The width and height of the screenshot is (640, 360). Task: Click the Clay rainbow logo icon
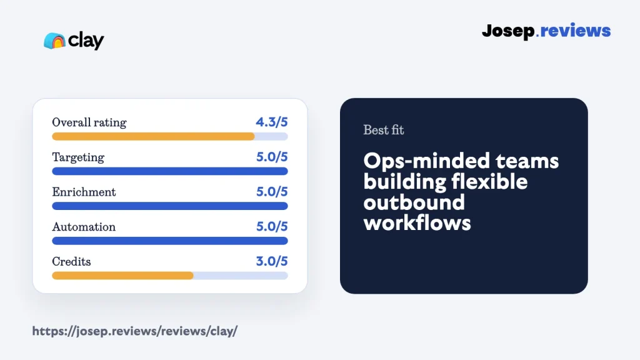click(x=55, y=41)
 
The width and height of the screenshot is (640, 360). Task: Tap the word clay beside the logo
click(x=86, y=41)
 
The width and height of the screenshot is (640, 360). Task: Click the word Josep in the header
click(x=508, y=31)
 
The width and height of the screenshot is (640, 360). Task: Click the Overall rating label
click(x=89, y=122)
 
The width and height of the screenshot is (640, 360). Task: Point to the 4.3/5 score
click(x=272, y=122)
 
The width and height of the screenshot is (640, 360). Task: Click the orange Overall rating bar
click(x=154, y=136)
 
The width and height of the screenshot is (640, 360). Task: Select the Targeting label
click(x=78, y=157)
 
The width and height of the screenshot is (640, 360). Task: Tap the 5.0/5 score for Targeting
click(x=272, y=157)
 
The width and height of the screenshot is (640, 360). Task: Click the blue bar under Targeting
click(x=170, y=171)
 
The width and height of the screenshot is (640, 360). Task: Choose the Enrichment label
click(x=84, y=192)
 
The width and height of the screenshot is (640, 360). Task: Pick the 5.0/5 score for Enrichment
click(x=272, y=191)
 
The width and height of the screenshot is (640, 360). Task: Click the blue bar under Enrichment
click(x=170, y=206)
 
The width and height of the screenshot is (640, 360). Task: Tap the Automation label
click(x=84, y=226)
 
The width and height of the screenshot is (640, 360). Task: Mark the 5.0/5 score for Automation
click(x=272, y=226)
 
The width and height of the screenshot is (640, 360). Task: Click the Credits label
click(x=71, y=261)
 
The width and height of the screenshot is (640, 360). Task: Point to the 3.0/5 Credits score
click(x=272, y=261)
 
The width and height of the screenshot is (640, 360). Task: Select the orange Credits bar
click(x=123, y=276)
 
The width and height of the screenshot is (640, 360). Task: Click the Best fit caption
click(x=384, y=130)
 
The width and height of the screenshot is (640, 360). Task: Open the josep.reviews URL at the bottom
click(x=135, y=331)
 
